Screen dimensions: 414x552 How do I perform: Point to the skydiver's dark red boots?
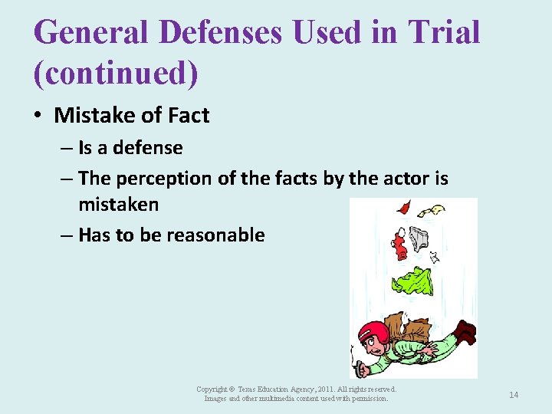click(x=463, y=333)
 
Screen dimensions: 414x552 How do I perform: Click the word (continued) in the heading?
click(x=116, y=73)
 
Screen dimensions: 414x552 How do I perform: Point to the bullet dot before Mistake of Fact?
click(x=38, y=116)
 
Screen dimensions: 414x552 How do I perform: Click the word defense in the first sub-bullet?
click(x=148, y=147)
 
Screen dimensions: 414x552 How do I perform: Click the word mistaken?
click(x=118, y=204)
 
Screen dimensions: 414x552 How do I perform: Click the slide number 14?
click(x=514, y=395)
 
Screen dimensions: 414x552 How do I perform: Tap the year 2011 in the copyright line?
click(x=321, y=390)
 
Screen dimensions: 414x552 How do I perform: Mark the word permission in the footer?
click(x=370, y=399)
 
